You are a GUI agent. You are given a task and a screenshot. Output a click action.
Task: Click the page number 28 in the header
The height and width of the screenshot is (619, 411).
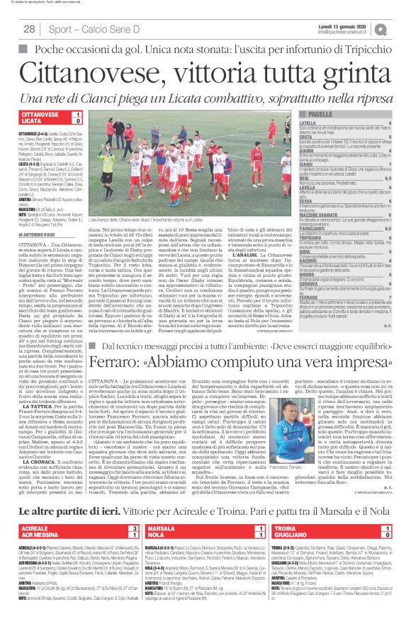coord(30,28)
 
